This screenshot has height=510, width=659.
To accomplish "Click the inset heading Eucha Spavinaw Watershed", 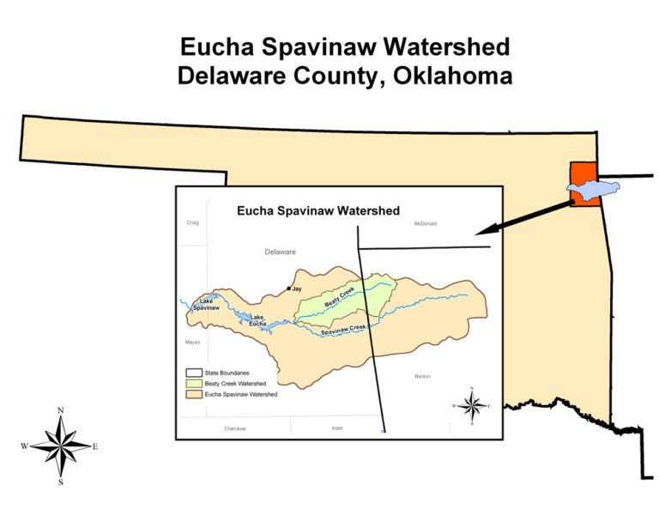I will (318, 209).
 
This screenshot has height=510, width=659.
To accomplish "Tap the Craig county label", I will (192, 222).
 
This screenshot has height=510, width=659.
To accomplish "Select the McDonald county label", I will (425, 223).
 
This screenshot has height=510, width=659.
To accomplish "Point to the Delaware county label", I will (280, 252).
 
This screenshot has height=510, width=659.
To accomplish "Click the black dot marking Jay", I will (288, 288).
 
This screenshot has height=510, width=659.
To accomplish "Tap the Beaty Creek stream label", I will (340, 299).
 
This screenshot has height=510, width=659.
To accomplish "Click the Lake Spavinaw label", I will (207, 304).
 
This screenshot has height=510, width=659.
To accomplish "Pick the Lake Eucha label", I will (257, 320).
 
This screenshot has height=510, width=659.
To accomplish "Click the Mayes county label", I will (192, 342).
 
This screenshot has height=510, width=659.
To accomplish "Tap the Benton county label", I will (422, 376).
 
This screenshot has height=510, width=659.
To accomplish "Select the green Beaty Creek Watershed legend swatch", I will (194, 384).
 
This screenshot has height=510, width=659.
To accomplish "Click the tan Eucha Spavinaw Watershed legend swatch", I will (194, 394).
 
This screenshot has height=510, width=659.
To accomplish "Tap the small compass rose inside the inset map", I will (471, 405).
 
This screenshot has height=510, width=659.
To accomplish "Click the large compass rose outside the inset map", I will (60, 446).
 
